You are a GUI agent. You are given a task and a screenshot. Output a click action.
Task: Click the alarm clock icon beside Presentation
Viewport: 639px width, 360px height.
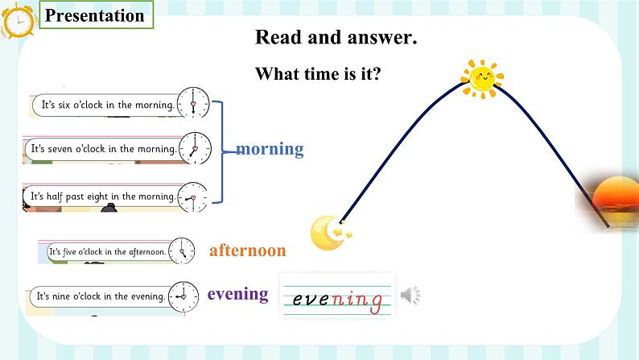18,20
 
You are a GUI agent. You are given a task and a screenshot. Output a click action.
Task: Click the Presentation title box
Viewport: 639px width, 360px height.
97,14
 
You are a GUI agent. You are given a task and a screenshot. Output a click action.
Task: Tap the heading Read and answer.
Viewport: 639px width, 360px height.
336,37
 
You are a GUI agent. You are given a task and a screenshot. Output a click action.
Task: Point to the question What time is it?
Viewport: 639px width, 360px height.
318,74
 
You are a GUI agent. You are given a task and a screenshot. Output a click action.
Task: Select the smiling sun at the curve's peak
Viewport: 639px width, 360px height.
482,79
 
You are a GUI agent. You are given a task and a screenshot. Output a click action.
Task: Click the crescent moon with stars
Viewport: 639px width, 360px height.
331,233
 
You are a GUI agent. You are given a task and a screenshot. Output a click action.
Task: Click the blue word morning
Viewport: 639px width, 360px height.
270,149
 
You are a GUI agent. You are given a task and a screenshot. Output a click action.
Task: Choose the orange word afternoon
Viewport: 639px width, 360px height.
248,250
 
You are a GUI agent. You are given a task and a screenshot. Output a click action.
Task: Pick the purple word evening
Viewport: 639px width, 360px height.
238,294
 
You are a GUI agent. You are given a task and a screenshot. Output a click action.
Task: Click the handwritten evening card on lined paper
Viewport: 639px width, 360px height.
337,296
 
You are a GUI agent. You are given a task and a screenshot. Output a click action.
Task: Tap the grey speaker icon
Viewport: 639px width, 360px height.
410,295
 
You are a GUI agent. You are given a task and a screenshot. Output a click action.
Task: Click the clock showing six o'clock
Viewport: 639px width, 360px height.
193,103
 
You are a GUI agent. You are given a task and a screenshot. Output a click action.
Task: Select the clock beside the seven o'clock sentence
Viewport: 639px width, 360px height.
196,148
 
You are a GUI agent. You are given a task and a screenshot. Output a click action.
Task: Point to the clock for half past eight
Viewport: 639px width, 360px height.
193,198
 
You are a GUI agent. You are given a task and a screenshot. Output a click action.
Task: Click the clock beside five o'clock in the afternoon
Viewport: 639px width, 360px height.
182,250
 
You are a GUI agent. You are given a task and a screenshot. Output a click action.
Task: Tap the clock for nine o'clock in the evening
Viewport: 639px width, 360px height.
183,297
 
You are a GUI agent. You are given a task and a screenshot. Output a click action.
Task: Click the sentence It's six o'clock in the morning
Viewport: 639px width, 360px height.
108,105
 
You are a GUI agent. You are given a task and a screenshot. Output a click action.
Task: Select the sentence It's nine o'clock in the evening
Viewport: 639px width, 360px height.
101,296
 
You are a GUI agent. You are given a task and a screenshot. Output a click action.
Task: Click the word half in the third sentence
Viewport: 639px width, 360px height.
55,197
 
